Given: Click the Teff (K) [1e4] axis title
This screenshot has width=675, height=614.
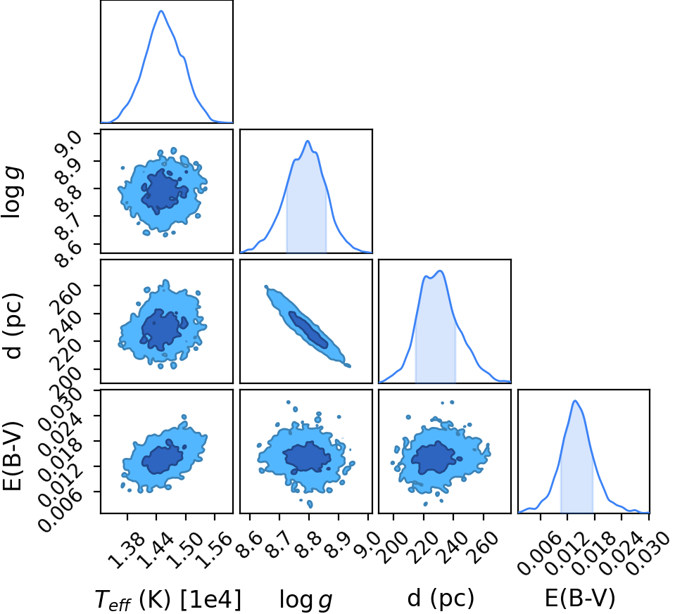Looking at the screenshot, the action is click(168, 599).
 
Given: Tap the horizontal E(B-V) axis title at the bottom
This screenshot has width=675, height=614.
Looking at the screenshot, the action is click(580, 598).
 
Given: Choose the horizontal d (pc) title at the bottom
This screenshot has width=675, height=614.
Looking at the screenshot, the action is click(441, 598).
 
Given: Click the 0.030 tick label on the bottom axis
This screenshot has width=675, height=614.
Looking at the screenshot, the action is click(645, 555).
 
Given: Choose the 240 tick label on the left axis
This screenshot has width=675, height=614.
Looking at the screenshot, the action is click(66, 315).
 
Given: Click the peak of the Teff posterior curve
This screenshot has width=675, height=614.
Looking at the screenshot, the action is click(161, 11).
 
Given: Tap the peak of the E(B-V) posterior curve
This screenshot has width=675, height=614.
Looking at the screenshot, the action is click(574, 401).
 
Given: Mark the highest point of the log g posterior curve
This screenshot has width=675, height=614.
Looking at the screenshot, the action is click(308, 141).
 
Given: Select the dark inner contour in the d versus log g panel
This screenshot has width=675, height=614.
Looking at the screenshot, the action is click(308, 330).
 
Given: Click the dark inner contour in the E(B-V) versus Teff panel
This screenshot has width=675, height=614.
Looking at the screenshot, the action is click(163, 457).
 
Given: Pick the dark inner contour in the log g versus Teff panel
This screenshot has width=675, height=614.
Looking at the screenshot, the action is click(163, 192).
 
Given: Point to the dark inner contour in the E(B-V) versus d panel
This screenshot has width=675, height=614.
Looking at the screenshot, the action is click(436, 458).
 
